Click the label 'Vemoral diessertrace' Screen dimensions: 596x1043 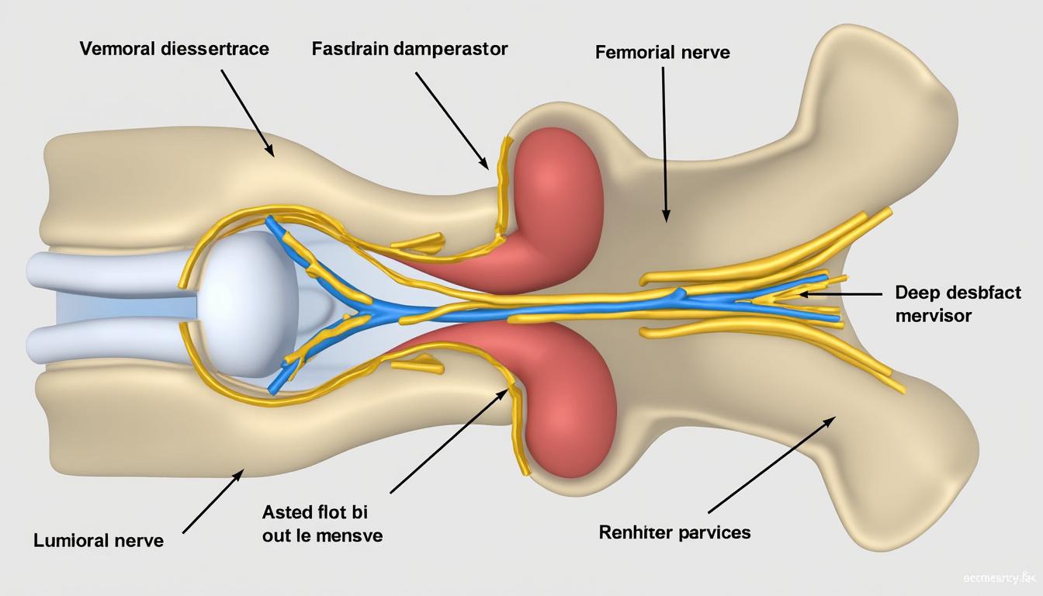point(174,49)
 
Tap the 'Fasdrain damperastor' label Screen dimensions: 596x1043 point(410,49)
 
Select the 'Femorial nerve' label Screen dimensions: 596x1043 point(662,53)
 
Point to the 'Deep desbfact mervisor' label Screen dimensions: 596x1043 point(958,304)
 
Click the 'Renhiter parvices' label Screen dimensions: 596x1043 point(674,532)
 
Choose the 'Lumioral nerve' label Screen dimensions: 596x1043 point(99,540)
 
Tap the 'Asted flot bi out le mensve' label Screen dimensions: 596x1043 point(322,524)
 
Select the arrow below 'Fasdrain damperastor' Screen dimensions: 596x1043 point(451,120)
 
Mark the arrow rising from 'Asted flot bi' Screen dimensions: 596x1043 point(449,441)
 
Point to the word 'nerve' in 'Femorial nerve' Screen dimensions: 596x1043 point(702,53)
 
